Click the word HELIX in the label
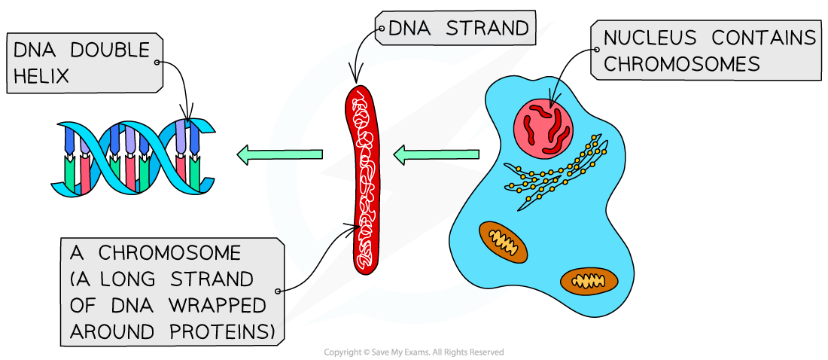pyautogui.click(x=42, y=76)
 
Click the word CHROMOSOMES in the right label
pyautogui.click(x=682, y=65)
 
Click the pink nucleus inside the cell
pyautogui.click(x=543, y=124)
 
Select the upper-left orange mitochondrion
pyautogui.click(x=504, y=241)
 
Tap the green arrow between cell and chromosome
pyautogui.click(x=437, y=155)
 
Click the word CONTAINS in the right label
pyautogui.click(x=764, y=38)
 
